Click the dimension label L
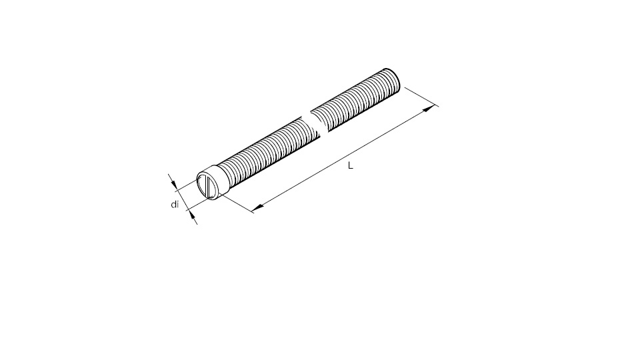pyautogui.click(x=350, y=165)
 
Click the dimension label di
pyautogui.click(x=175, y=204)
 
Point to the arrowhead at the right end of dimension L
pyautogui.click(x=429, y=109)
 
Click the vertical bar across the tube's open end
pyautogui.click(x=209, y=187)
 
